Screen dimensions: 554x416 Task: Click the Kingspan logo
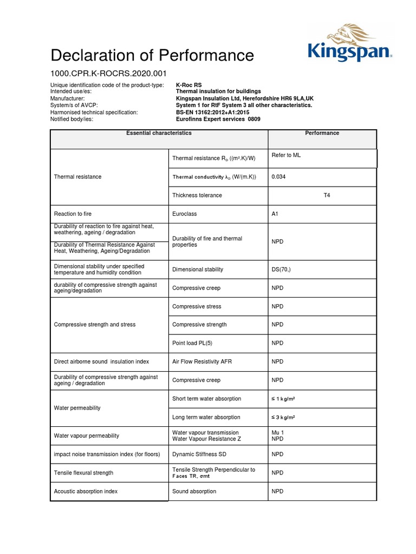pos(349,43)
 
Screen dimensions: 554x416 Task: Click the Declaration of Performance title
pos(152,55)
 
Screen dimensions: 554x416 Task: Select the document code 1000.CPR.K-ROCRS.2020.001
pos(108,73)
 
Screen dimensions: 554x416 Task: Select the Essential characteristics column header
pos(159,133)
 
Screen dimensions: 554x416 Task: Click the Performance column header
pos(322,133)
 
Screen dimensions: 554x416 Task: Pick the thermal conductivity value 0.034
pos(278,177)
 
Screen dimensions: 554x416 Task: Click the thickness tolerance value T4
pos(326,195)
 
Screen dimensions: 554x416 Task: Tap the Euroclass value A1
pos(275,214)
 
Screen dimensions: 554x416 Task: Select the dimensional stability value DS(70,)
pos(281,269)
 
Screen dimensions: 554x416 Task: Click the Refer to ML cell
pos(285,156)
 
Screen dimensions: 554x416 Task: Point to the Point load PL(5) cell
pos(192,343)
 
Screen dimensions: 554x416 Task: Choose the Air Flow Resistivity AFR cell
pos(201,361)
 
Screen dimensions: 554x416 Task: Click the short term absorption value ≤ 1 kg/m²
pos(283,399)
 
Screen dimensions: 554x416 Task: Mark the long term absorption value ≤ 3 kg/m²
pos(283,418)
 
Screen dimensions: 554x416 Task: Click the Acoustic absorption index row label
pos(86,491)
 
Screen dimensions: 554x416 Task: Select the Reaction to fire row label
pos(76,214)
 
